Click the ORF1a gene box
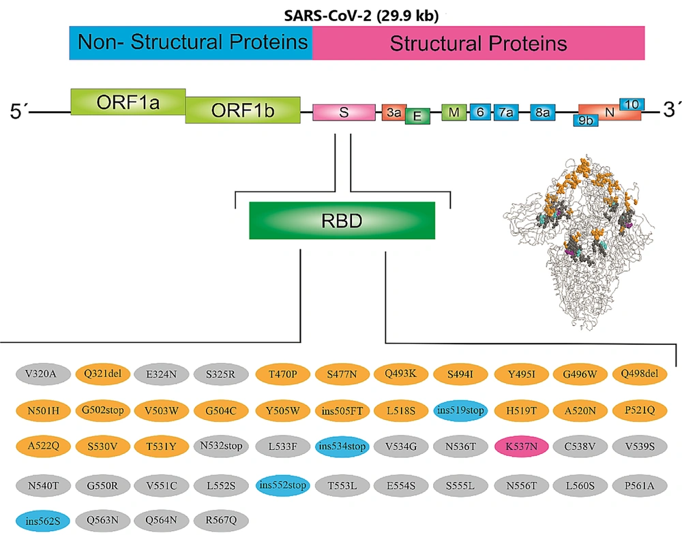[128, 102]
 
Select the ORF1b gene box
[243, 110]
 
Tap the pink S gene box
[344, 112]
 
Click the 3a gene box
[394, 112]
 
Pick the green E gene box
[417, 116]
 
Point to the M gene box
[454, 112]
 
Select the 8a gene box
[542, 112]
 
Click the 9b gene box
[585, 120]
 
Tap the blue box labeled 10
[632, 104]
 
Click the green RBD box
[342, 220]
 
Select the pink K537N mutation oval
[521, 446]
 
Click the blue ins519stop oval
[460, 410]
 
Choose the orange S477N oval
[342, 373]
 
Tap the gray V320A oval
[43, 373]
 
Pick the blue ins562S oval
[43, 521]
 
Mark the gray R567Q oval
[221, 520]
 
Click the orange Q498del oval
[640, 373]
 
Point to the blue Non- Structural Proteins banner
[191, 42]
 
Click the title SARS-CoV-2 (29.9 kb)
[361, 16]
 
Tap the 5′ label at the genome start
[18, 111]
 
